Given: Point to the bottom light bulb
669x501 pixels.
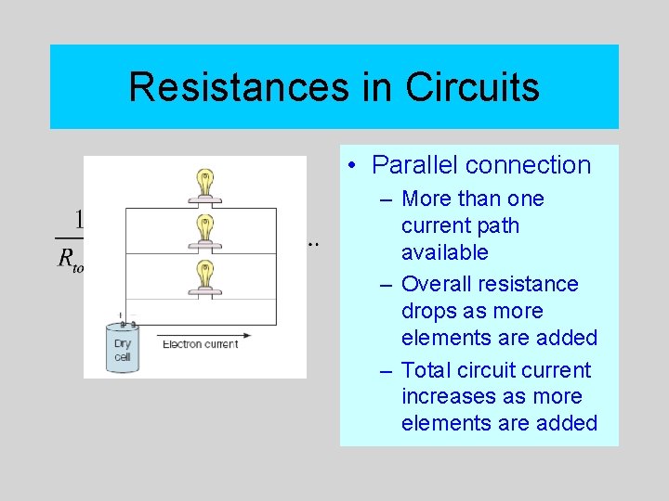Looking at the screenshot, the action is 203,276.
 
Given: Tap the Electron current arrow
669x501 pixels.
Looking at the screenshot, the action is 204,335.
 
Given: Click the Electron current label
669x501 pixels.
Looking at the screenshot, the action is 200,345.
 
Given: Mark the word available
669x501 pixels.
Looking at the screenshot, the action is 444,251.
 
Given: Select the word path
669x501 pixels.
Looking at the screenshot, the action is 498,225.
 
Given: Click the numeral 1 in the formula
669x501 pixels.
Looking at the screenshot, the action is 78,219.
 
